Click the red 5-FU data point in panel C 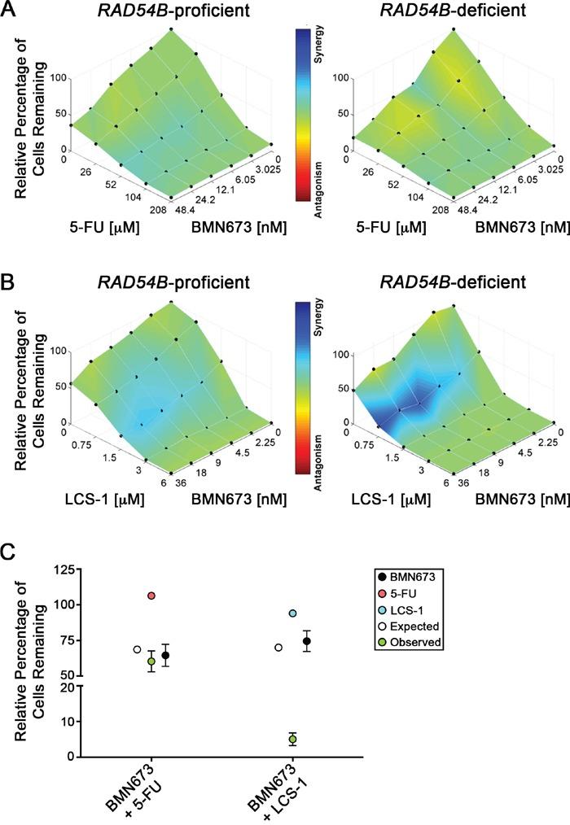(x=151, y=596)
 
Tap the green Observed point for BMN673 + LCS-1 (x=292, y=739)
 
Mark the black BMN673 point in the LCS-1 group (x=307, y=641)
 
